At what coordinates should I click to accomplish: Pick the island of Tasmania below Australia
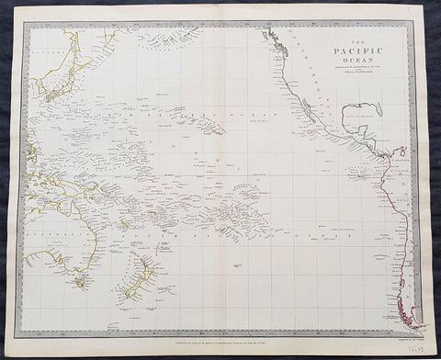pos(81,282)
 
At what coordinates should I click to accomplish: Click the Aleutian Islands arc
pos(170,39)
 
